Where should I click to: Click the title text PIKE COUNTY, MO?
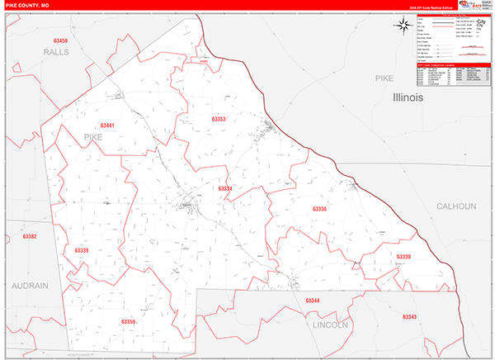(28, 6)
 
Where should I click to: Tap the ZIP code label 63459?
(59, 40)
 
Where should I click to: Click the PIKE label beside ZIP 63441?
(97, 139)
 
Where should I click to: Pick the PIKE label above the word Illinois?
(385, 78)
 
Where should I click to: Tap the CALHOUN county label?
(457, 206)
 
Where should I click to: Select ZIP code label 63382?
(30, 237)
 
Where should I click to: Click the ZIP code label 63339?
(81, 250)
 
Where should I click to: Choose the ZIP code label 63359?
(128, 322)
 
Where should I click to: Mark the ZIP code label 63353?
(219, 119)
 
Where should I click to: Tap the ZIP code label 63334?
(225, 189)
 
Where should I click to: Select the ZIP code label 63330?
(403, 258)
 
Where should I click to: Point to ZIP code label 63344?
(313, 301)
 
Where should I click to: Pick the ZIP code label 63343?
(410, 317)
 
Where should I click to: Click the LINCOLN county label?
(332, 324)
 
